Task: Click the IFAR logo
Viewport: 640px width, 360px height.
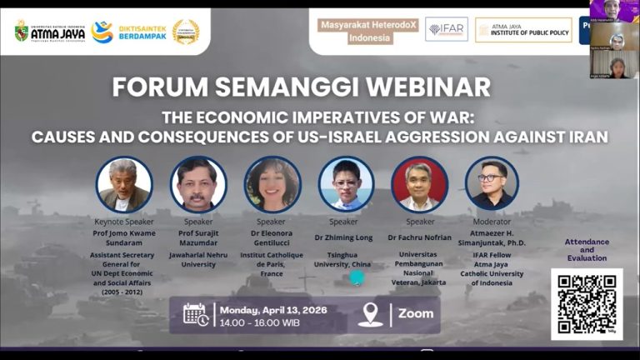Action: [446, 29]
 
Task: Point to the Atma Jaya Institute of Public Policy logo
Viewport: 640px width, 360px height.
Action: [523, 30]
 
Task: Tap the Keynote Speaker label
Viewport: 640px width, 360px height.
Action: [123, 222]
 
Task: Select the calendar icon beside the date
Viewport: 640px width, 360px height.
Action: [196, 314]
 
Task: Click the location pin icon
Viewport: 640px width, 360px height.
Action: [370, 314]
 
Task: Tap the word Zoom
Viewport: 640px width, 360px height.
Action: [416, 313]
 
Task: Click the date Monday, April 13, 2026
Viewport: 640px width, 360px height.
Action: [273, 309]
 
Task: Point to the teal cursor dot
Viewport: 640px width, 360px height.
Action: [357, 277]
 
